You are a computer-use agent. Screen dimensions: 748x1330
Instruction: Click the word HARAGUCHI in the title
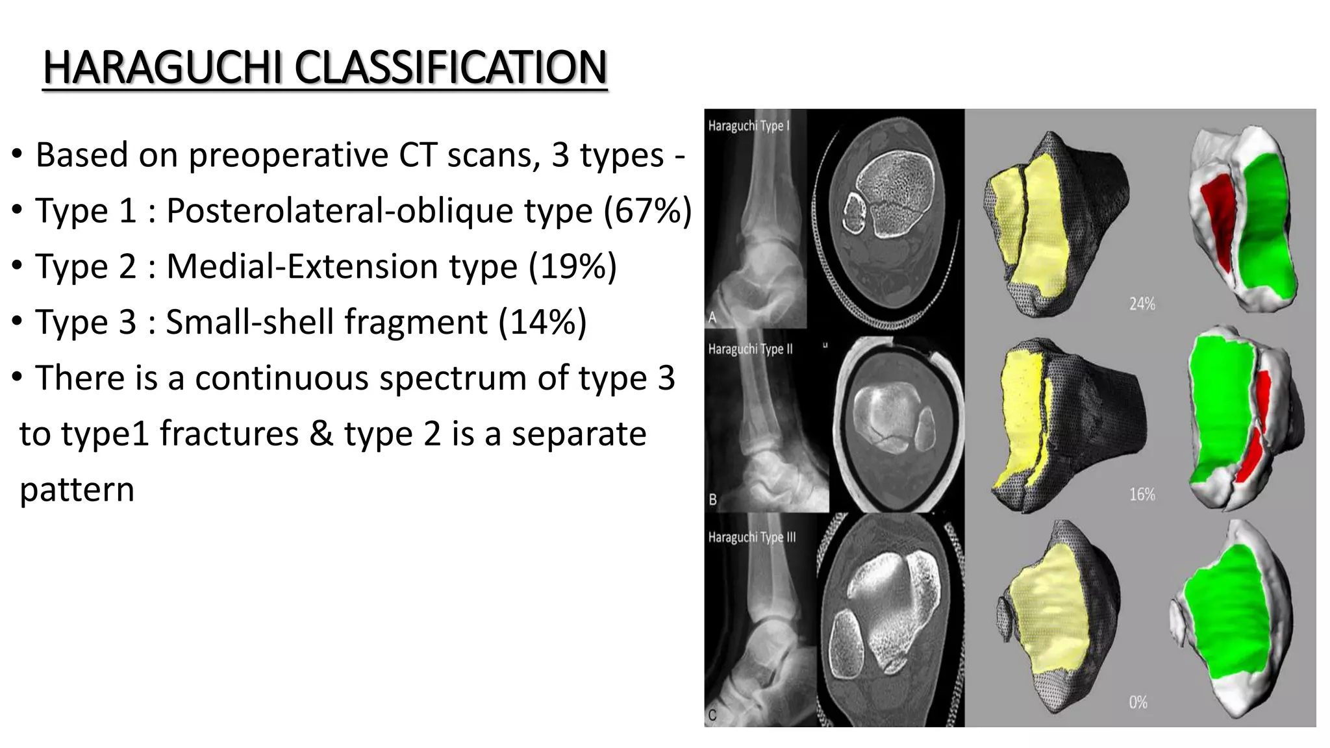[162, 68]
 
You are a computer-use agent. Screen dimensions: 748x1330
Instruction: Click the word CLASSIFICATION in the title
[451, 68]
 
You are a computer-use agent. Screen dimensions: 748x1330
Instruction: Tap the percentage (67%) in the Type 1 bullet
[647, 211]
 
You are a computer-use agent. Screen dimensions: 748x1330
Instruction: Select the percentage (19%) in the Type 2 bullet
[573, 267]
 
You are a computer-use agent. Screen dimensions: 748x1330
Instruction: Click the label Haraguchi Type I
[748, 126]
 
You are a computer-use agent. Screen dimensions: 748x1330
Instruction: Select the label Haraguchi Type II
[750, 349]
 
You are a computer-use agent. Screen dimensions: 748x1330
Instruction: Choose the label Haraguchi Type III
[751, 538]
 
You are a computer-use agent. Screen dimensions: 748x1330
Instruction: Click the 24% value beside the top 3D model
[1142, 304]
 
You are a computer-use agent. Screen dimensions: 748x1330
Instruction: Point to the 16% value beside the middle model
[1142, 495]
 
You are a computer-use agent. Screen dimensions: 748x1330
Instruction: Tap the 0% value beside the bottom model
[1138, 703]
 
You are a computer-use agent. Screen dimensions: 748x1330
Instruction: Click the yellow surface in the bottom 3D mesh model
[1052, 610]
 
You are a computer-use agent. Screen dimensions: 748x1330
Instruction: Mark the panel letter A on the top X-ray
[712, 318]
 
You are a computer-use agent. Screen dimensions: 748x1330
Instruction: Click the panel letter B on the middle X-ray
[712, 500]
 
